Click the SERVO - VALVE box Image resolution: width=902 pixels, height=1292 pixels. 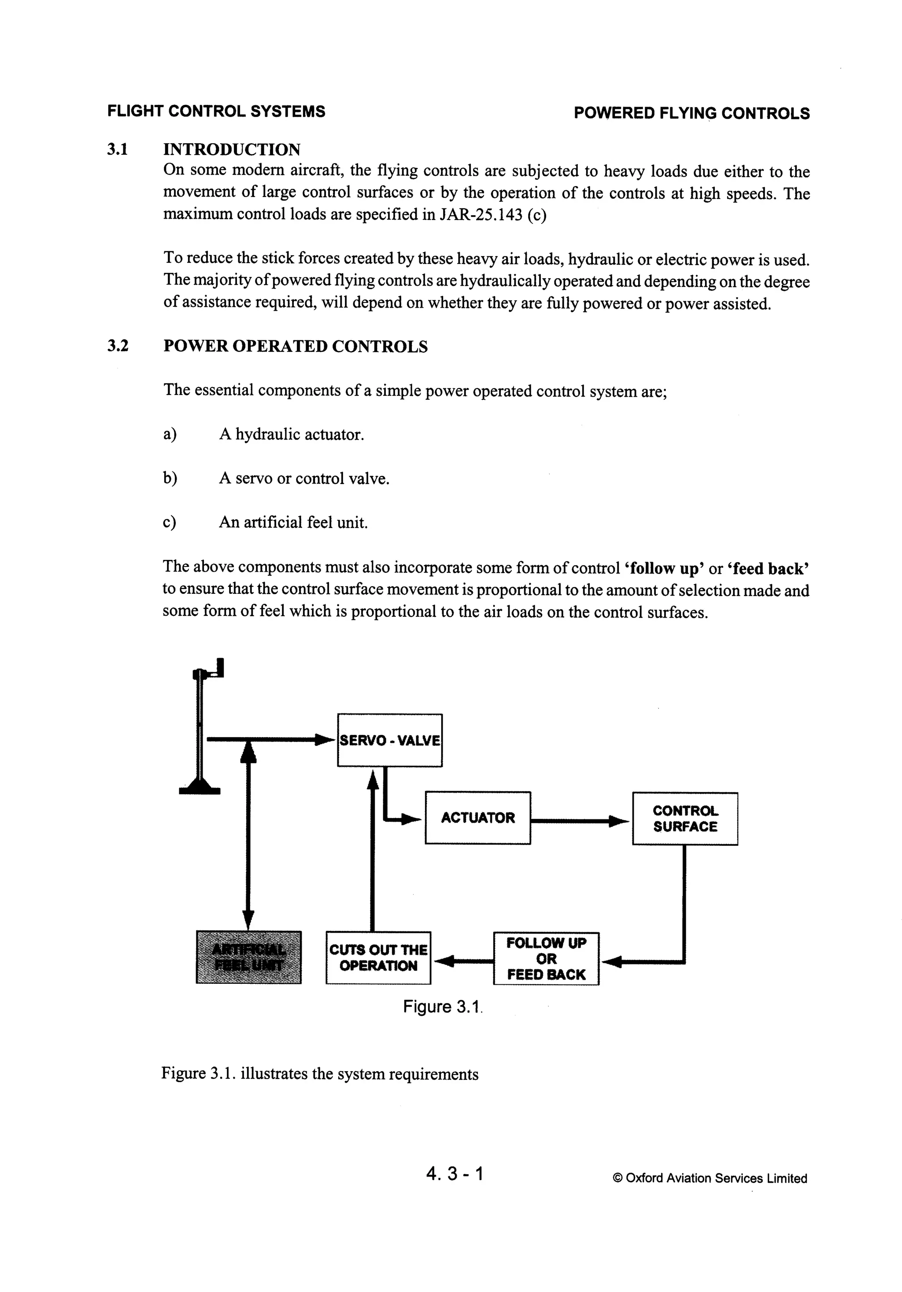pyautogui.click(x=389, y=740)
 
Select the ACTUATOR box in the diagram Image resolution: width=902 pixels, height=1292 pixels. pyautogui.click(x=477, y=818)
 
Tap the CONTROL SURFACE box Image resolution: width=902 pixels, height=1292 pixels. pyautogui.click(x=684, y=819)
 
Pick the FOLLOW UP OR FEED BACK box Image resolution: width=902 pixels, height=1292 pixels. pyautogui.click(x=546, y=959)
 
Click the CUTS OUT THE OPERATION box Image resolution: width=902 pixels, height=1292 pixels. pyautogui.click(x=378, y=958)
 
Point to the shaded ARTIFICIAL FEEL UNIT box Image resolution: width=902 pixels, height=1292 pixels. pyautogui.click(x=248, y=958)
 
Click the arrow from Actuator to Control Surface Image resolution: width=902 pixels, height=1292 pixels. pyautogui.click(x=579, y=822)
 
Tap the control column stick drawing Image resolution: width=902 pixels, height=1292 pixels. pyautogui.click(x=200, y=732)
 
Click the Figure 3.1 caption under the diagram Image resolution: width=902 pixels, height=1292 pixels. pyautogui.click(x=443, y=1007)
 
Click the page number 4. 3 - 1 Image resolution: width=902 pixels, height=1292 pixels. pyautogui.click(x=455, y=1173)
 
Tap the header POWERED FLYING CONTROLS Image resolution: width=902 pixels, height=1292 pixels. pyautogui.click(x=691, y=113)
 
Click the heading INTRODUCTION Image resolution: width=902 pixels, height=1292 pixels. pyautogui.click(x=232, y=150)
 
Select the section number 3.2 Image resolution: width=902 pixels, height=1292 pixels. pyautogui.click(x=118, y=346)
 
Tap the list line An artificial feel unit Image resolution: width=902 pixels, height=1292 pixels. pyautogui.click(x=293, y=522)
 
